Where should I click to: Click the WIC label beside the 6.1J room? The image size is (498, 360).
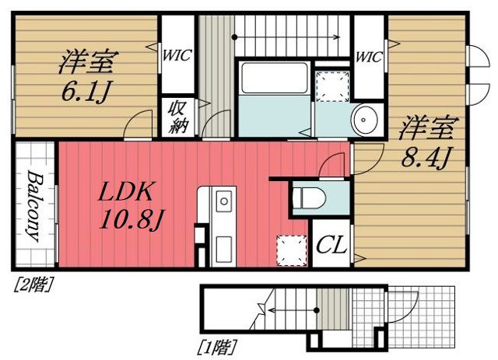point(177,55)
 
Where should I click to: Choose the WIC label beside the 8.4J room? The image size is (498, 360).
point(368,55)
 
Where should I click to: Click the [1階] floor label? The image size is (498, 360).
point(221,345)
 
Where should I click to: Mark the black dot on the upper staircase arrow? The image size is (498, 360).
point(234,36)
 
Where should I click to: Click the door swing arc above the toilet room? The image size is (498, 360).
point(332,164)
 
